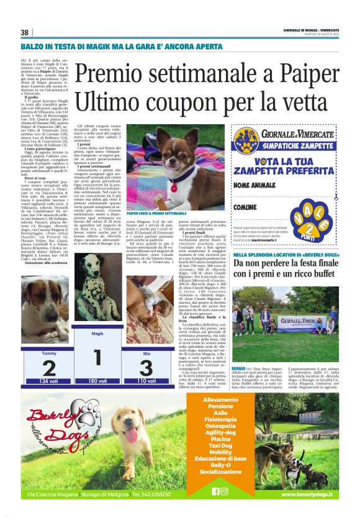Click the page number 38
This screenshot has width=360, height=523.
click(x=25, y=32)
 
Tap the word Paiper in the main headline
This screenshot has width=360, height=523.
click(x=309, y=73)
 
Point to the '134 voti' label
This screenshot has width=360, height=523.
click(x=48, y=381)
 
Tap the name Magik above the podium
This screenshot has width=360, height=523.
click(x=97, y=334)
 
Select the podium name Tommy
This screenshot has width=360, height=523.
click(x=48, y=353)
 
